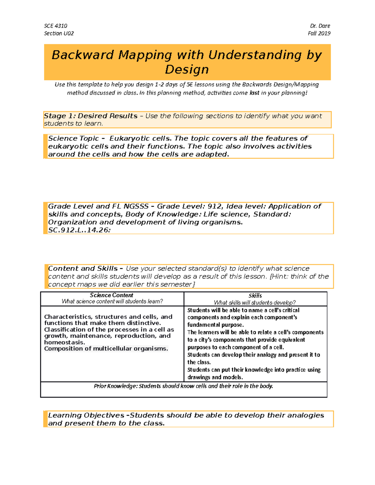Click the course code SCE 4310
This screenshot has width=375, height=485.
pyautogui.click(x=56, y=26)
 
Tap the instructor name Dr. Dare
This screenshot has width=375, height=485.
pyautogui.click(x=320, y=26)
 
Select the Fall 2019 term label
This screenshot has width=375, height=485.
pyautogui.click(x=319, y=33)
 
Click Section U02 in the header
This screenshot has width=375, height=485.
pyautogui.click(x=59, y=33)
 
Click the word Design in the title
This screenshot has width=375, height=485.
pyautogui.click(x=187, y=69)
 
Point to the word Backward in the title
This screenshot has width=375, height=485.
pyautogui.click(x=82, y=55)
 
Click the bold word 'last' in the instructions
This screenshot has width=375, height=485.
pyautogui.click(x=254, y=93)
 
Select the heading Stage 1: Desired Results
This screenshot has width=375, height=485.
pyautogui.click(x=91, y=116)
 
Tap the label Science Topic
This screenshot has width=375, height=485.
pyautogui.click(x=73, y=138)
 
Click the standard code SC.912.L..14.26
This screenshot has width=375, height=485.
pyautogui.click(x=79, y=230)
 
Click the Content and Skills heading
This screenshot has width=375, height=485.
pyautogui.click(x=83, y=269)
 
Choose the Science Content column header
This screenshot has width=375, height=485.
pyautogui.click(x=112, y=295)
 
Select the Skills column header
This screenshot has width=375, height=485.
pyautogui.click(x=255, y=295)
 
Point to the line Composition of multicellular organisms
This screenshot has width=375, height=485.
pyautogui.click(x=106, y=349)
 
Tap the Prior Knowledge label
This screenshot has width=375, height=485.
pyautogui.click(x=116, y=386)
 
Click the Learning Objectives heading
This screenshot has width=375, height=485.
pyautogui.click(x=86, y=415)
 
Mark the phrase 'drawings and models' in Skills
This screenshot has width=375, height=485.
pyautogui.click(x=215, y=377)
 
